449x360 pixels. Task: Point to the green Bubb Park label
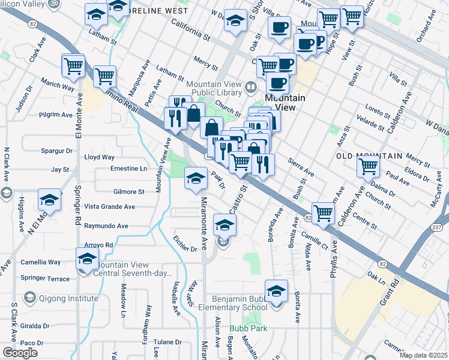pyautogui.click(x=247, y=329)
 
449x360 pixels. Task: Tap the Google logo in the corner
pyautogui.click(x=20, y=353)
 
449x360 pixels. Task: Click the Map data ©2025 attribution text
pyautogui.click(x=423, y=355)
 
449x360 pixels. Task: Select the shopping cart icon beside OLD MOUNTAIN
pyautogui.click(x=369, y=166)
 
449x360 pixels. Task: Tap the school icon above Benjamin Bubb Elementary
pyautogui.click(x=276, y=291)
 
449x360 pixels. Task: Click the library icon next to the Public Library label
pyautogui.click(x=250, y=88)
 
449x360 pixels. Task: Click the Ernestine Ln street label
pyautogui.click(x=128, y=169)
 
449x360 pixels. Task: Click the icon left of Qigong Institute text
pyautogui.click(x=30, y=298)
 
